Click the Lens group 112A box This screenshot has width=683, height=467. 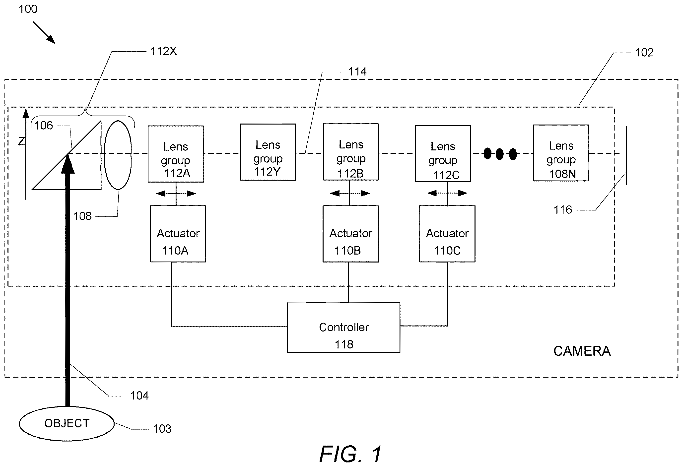(175, 154)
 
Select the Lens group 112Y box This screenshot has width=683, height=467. (268, 152)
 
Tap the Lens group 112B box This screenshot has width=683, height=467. (351, 152)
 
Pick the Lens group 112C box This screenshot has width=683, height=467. (443, 154)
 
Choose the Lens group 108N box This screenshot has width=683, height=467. (561, 153)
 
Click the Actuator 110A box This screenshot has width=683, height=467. (178, 234)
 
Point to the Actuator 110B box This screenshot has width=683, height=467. (350, 234)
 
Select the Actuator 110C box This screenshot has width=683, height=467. (447, 234)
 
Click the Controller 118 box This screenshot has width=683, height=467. (343, 328)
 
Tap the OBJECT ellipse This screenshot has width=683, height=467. (67, 423)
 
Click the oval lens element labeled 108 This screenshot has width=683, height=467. (118, 155)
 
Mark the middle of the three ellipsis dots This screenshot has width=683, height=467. (500, 154)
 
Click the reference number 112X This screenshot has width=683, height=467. (163, 51)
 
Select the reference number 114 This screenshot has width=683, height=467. (357, 71)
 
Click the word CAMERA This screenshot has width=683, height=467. (582, 351)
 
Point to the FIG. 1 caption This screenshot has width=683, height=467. (350, 454)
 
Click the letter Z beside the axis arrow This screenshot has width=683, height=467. (21, 141)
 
